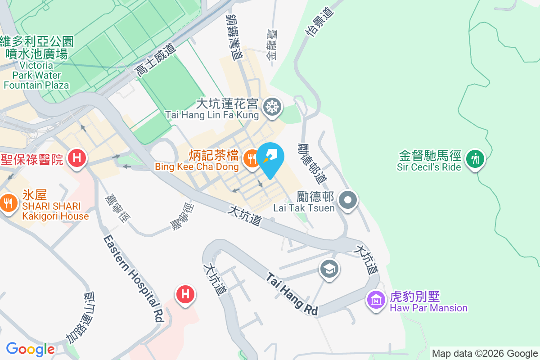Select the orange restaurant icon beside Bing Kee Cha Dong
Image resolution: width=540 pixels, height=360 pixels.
[250, 158]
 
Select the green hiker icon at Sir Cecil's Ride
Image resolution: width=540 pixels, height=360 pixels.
[474, 158]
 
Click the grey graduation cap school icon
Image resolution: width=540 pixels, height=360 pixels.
[329, 270]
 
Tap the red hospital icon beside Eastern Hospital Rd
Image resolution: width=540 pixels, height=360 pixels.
[185, 295]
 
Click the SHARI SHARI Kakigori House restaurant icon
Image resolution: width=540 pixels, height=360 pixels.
[9, 202]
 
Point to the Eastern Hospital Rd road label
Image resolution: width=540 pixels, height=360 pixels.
[133, 279]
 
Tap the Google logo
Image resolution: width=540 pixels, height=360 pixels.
[30, 349]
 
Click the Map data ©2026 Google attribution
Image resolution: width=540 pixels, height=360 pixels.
[485, 354]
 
